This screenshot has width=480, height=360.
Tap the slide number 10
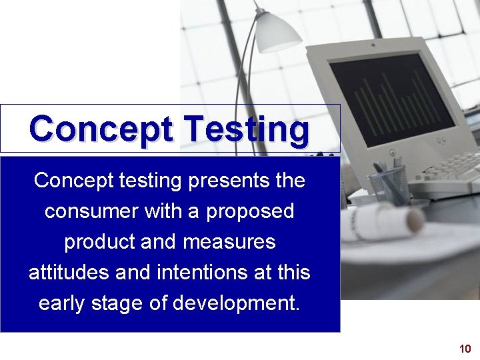pos(465,349)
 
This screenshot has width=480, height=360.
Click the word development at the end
pos(236,304)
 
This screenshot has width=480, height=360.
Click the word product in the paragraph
pos(99,242)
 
